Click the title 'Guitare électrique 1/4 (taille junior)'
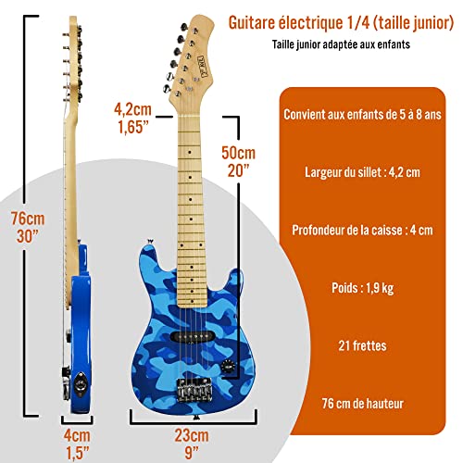tap(341, 23)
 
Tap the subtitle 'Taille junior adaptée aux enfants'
tap(341, 44)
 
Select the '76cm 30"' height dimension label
tap(28, 227)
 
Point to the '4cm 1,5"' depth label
tap(77, 444)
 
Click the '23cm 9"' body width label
tap(192, 444)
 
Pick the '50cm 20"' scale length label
tap(239, 161)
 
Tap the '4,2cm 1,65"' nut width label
tap(132, 119)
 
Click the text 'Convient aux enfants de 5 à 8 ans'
tap(362, 115)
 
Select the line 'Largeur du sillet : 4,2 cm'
tap(362, 172)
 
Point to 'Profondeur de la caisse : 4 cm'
tap(362, 231)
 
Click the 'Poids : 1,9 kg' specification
tap(362, 288)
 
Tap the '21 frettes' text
tap(362, 345)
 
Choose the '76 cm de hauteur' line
tap(362, 404)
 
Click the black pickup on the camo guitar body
tap(192, 336)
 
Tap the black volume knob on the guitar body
tap(228, 365)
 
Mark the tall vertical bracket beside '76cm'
tap(25, 216)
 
